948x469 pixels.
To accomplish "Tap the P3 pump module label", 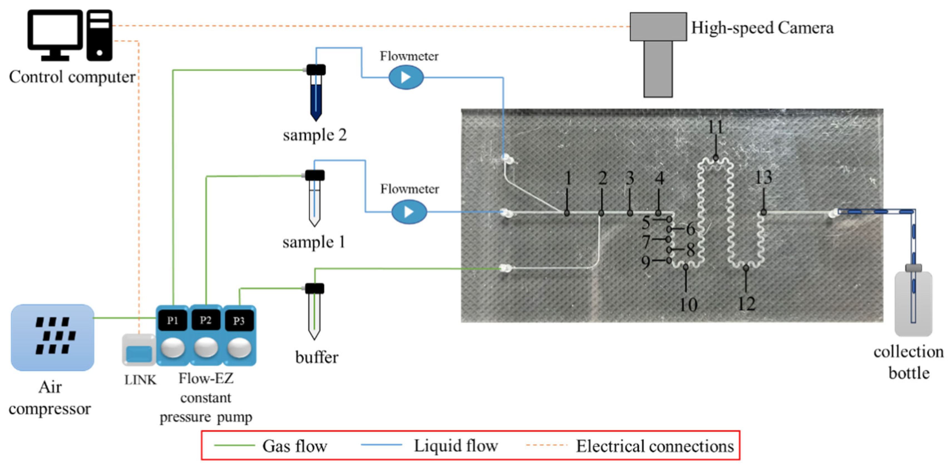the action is click(x=239, y=321).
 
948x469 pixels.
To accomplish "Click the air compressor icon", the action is click(x=52, y=337).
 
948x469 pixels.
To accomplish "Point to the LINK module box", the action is click(x=139, y=350).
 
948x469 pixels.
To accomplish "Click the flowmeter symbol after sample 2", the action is click(x=406, y=77).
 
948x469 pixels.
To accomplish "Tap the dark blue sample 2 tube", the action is click(x=316, y=93).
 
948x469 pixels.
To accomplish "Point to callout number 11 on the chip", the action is click(x=715, y=127).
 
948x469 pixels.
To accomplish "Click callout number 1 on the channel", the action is click(x=568, y=178).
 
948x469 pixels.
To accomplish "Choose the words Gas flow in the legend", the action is click(x=294, y=446).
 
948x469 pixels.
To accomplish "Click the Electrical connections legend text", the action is click(x=655, y=446).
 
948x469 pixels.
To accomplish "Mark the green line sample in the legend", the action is click(x=234, y=445).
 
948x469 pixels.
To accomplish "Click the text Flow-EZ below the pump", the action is click(x=206, y=378).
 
